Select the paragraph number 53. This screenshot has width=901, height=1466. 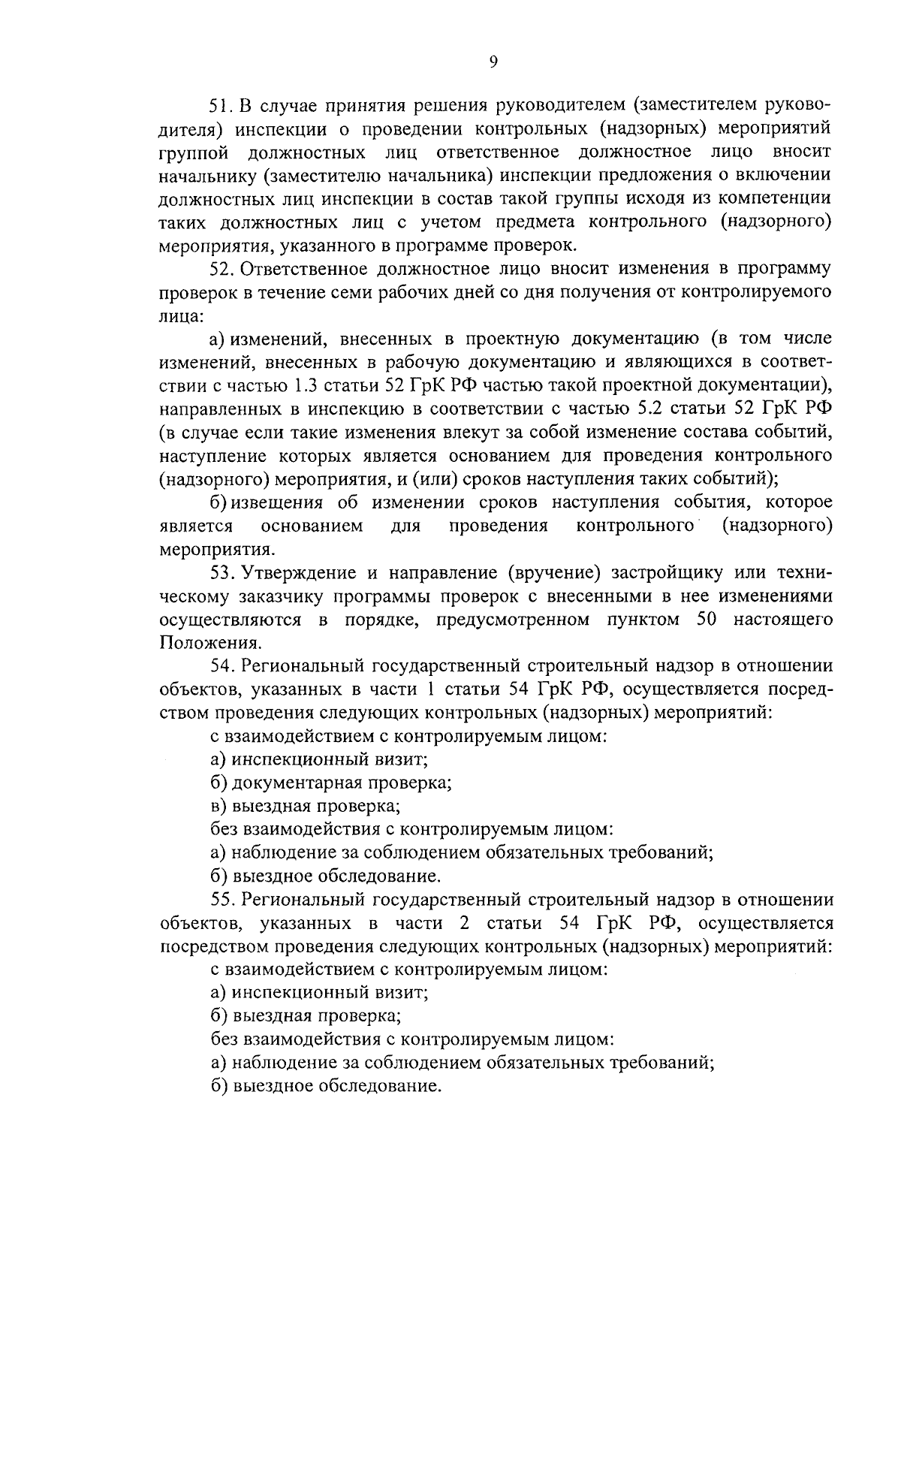(222, 573)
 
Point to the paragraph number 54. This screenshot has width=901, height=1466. (222, 665)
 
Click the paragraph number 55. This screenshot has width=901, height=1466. (222, 899)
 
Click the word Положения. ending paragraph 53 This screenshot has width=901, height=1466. (211, 643)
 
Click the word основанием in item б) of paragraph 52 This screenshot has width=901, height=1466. (312, 526)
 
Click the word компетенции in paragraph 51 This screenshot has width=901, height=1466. (781, 199)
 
